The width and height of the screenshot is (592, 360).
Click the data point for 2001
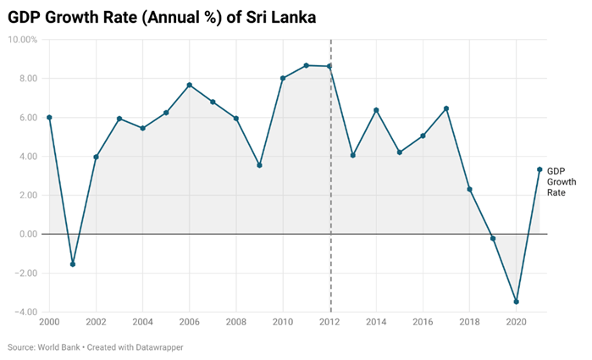pos(73,264)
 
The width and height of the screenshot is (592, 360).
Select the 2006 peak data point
pos(190,85)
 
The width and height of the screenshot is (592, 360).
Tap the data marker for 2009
pos(259,165)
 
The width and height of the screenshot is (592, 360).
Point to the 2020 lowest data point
pos(517,302)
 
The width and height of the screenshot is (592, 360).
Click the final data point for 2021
pos(539,169)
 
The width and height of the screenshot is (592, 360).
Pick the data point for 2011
pos(307,65)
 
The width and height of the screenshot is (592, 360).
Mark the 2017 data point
pos(446,108)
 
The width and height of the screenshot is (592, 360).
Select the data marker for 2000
pos(49,118)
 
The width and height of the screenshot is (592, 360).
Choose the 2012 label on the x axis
pos(330,323)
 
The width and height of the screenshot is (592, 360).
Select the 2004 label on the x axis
pos(143,323)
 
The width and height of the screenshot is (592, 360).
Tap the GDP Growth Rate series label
pos(556,181)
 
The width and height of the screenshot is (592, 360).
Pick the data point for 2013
pos(353,155)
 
